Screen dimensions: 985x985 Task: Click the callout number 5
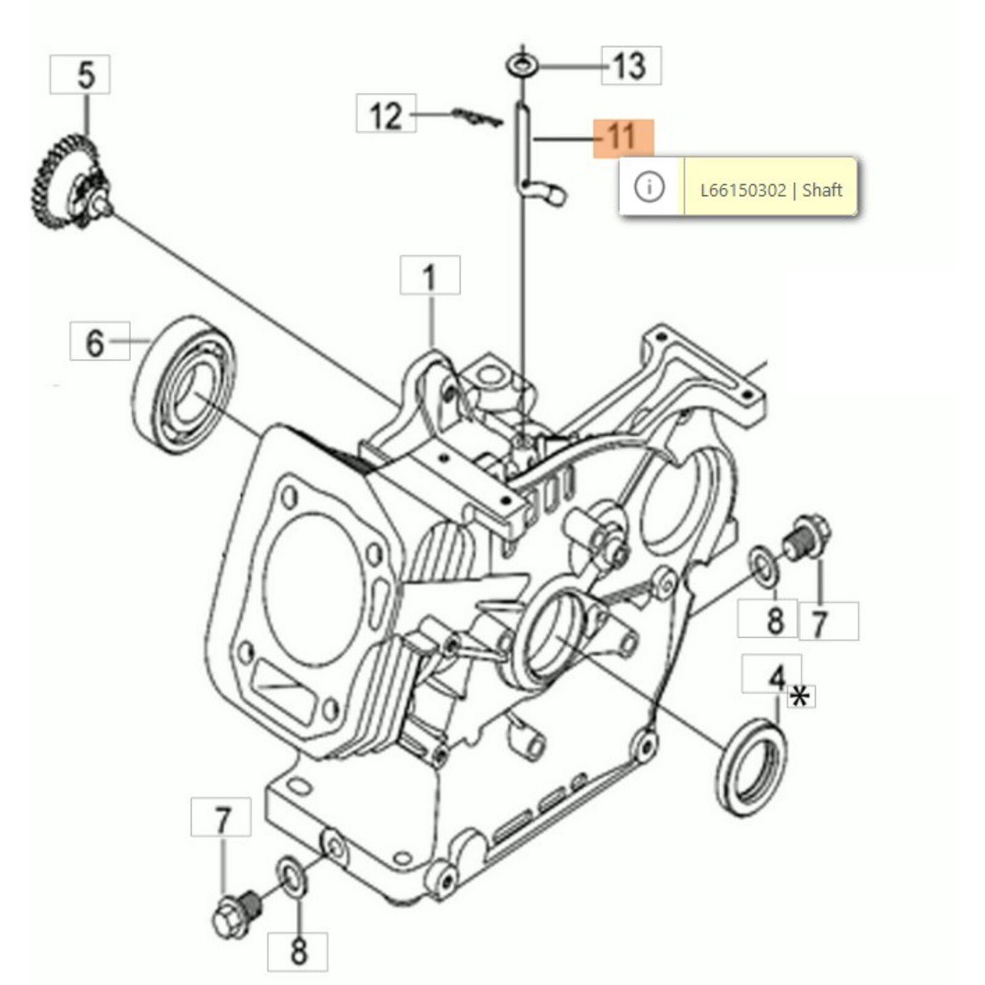(x=86, y=75)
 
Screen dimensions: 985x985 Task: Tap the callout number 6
(x=94, y=342)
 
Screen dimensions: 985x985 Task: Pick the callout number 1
(x=430, y=276)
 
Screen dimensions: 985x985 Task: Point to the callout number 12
(x=386, y=115)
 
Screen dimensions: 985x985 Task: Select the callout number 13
(x=630, y=66)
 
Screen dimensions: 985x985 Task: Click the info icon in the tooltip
(x=649, y=187)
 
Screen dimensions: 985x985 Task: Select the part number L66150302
(x=743, y=190)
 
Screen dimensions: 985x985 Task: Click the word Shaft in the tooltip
(x=822, y=190)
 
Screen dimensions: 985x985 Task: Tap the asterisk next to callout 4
(x=800, y=698)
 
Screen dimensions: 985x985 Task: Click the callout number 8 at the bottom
(x=298, y=951)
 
